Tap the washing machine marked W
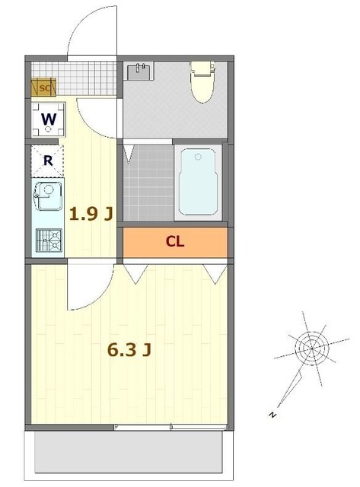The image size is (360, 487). pos(47,120)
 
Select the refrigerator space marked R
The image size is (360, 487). pos(47,160)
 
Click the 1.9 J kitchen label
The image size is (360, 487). pos(91,214)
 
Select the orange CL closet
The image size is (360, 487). pos(175,243)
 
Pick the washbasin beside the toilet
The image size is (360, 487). pos(142,72)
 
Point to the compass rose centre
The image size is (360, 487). pos(310,349)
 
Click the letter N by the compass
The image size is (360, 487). pos(270,415)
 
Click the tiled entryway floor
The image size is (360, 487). pos(84,76)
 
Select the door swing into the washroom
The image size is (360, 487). pos(99,118)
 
